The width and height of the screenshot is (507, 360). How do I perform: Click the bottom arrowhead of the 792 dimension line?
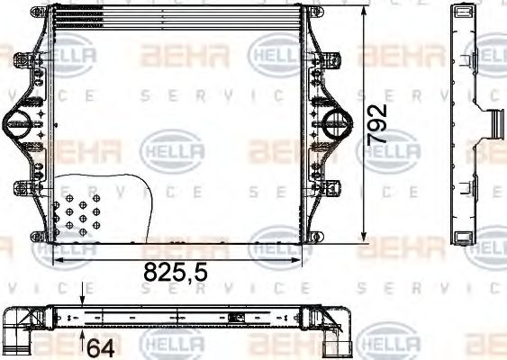coord(362,240)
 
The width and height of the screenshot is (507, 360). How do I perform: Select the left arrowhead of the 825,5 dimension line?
coord(56,258)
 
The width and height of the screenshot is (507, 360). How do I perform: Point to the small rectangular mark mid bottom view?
coord(237,318)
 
